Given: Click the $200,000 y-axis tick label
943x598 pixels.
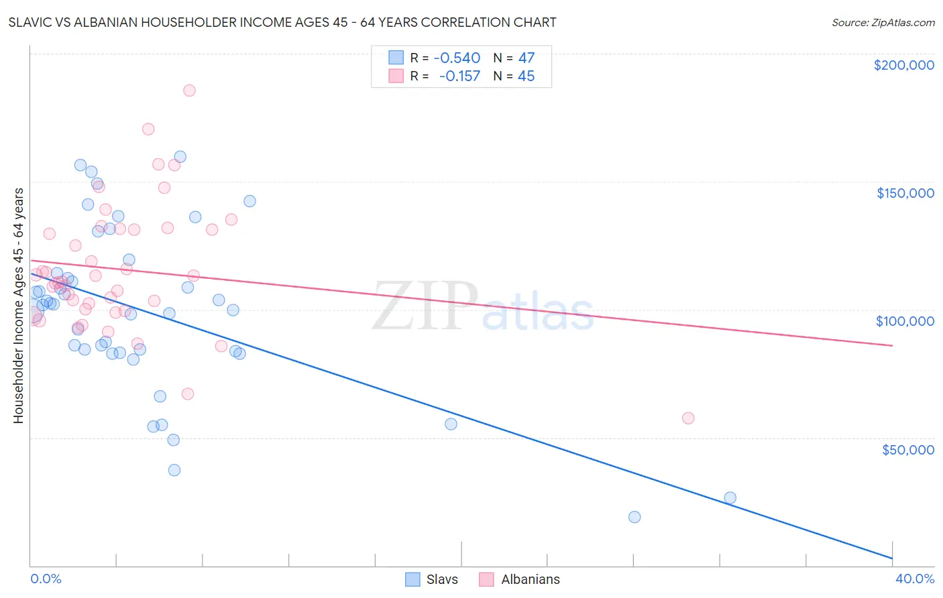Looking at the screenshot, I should (x=903, y=65).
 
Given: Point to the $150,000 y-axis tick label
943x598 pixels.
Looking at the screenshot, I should (x=905, y=193).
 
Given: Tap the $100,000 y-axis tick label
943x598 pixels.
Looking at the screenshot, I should (x=905, y=321).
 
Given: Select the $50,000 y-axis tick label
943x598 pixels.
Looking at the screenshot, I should (x=907, y=449).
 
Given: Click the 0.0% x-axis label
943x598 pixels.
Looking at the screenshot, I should (x=46, y=579).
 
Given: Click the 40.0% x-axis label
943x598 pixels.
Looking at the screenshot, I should (x=914, y=579).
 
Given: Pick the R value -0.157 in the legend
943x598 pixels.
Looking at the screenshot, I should (x=460, y=76).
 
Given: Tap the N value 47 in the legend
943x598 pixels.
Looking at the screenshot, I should (x=526, y=58).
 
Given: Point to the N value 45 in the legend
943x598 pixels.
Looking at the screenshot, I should (x=526, y=76).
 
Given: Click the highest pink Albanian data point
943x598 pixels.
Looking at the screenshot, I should (x=189, y=91).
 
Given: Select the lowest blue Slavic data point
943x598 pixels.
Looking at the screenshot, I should (x=634, y=517).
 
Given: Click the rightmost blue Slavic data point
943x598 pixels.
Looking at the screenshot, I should (x=730, y=497).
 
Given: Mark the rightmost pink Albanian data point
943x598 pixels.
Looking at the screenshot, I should (x=688, y=418).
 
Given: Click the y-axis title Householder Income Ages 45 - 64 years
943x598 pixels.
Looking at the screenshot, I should (x=19, y=306).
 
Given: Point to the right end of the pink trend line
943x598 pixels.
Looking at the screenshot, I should (x=893, y=345).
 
